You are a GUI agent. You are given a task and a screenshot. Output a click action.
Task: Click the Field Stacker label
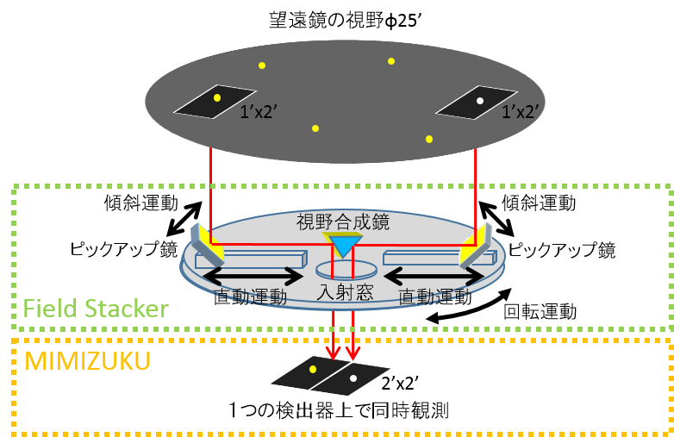point(95,308)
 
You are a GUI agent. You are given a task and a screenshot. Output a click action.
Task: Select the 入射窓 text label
point(346,292)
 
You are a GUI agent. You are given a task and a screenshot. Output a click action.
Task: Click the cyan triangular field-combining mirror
point(343,246)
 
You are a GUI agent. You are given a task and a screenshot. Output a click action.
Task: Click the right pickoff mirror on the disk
point(477,244)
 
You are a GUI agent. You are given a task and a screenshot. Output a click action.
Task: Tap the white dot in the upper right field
point(480,102)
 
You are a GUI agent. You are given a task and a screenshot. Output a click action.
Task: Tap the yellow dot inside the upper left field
point(217,97)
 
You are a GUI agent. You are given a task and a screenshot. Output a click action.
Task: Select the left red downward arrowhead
point(333,353)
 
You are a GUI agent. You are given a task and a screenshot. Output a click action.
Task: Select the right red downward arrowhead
point(352,353)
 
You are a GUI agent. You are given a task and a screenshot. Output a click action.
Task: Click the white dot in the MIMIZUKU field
point(353,378)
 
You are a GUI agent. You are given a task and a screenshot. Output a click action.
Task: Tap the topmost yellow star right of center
point(391,61)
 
